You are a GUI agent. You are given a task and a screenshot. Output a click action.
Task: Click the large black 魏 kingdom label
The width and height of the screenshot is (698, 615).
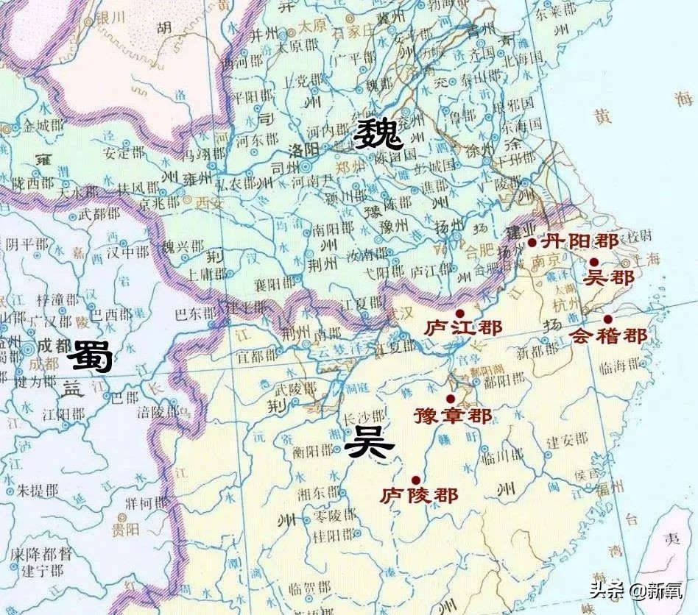(377, 135)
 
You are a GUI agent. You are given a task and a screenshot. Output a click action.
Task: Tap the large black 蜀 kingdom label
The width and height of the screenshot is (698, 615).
(91, 358)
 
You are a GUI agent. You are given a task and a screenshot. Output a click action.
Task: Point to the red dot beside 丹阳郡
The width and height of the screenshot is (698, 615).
(532, 241)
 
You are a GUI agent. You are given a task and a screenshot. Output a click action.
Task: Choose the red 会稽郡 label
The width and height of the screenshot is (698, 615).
(609, 336)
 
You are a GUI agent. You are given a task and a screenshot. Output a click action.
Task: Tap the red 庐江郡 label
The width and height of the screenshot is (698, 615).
(461, 327)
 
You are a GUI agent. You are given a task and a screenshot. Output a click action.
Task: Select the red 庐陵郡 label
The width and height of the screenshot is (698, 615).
(420, 494)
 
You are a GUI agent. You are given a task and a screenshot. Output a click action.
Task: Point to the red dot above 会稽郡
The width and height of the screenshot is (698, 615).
(607, 319)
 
